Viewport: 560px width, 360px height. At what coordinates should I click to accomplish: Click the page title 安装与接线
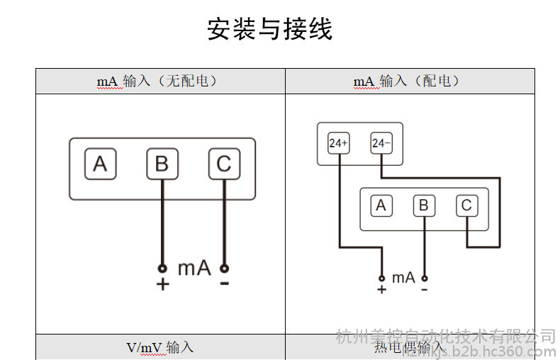pyautogui.click(x=269, y=30)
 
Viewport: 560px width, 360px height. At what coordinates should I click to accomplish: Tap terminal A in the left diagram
pyautogui.click(x=100, y=164)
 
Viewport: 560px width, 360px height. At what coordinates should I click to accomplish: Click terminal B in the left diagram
pyautogui.click(x=162, y=164)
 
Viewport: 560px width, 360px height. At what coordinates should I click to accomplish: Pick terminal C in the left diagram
pyautogui.click(x=224, y=164)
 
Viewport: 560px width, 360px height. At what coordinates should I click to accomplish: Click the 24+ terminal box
pyautogui.click(x=338, y=143)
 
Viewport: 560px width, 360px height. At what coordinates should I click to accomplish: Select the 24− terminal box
pyautogui.click(x=381, y=143)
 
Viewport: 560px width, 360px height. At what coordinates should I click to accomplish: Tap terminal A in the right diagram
pyautogui.click(x=381, y=206)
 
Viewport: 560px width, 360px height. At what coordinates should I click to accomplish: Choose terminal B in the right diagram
pyautogui.click(x=424, y=206)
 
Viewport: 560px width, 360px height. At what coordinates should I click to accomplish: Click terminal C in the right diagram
pyautogui.click(x=466, y=206)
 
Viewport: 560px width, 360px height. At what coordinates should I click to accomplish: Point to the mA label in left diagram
pyautogui.click(x=194, y=269)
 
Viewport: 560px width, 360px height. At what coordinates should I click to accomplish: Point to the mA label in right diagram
pyautogui.click(x=403, y=278)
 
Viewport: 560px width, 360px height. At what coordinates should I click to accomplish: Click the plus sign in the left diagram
pyautogui.click(x=162, y=284)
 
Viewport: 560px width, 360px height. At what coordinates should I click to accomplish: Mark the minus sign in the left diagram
pyautogui.click(x=225, y=284)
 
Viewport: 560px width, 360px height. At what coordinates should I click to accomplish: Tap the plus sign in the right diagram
pyautogui.click(x=381, y=289)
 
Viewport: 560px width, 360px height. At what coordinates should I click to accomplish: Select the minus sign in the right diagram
pyautogui.click(x=424, y=289)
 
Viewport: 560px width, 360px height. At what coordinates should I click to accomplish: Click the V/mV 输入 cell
pyautogui.click(x=160, y=347)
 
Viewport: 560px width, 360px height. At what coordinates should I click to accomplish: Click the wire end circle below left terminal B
pyautogui.click(x=162, y=269)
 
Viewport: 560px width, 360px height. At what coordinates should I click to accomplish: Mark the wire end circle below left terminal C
pyautogui.click(x=225, y=269)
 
